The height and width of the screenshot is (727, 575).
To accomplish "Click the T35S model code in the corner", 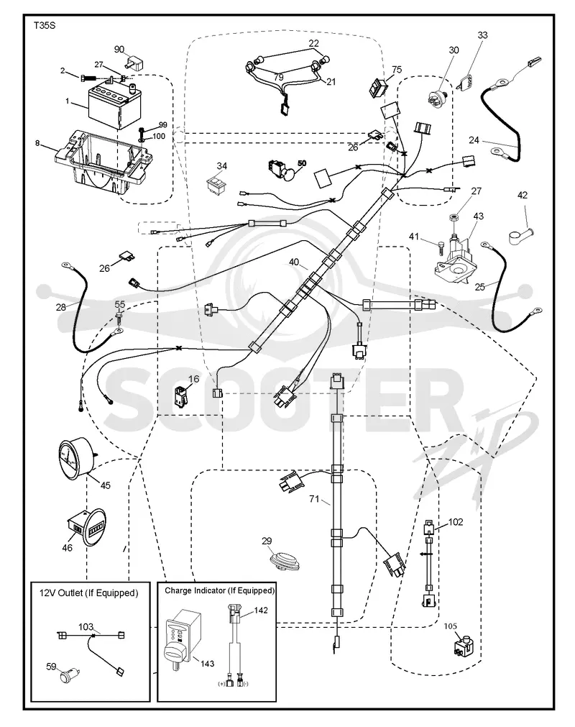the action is click(44, 26).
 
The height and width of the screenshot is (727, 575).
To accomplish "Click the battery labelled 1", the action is click(114, 105).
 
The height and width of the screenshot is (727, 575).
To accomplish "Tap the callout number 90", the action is click(119, 49).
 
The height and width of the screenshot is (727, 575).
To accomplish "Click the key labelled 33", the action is click(466, 83).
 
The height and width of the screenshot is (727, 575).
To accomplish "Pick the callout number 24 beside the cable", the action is click(473, 140).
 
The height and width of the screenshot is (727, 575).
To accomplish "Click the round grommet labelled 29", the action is click(285, 561).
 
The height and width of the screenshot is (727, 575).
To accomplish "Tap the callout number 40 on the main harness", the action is click(294, 262).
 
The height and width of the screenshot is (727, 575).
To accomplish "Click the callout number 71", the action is click(314, 499).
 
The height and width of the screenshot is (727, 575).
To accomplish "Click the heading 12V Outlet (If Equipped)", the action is click(88, 593).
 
